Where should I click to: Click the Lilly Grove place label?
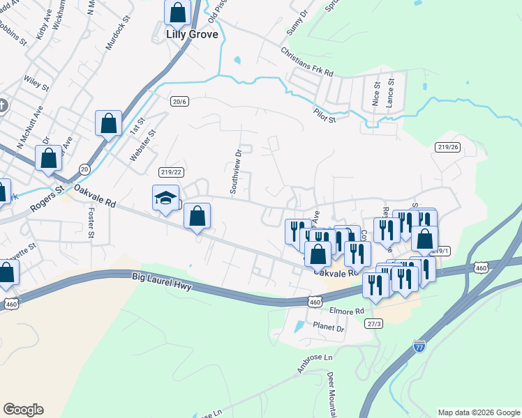click(x=192, y=34)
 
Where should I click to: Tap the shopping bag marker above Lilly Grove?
click(x=179, y=12)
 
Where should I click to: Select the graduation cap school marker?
click(x=166, y=199)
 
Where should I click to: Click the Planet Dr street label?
click(x=329, y=327)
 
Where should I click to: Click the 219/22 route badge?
click(x=170, y=172)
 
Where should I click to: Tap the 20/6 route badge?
click(x=179, y=101)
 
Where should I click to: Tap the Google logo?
click(x=23, y=410)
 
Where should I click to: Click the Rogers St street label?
click(x=47, y=199)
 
